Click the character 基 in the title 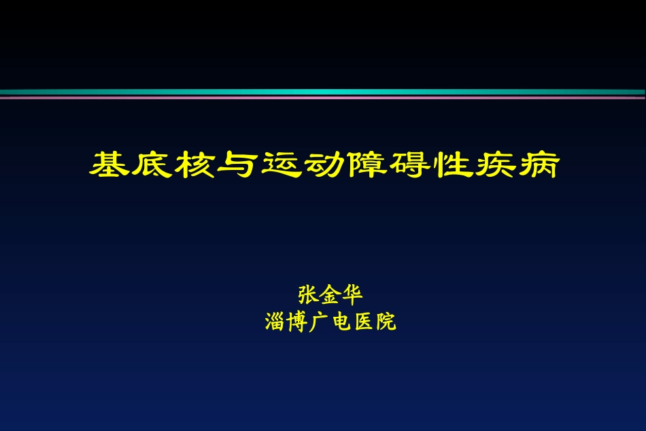109,165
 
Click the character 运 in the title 280,165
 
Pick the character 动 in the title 323,165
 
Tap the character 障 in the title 366,165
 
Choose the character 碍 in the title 409,165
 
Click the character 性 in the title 452,165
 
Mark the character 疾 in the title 494,165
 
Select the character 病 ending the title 537,165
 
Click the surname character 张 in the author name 308,296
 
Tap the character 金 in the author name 330,296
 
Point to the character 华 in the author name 352,296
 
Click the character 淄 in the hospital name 275,322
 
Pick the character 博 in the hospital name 297,322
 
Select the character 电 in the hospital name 341,322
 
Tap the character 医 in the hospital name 363,322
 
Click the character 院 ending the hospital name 386,322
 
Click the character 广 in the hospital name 320,322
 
